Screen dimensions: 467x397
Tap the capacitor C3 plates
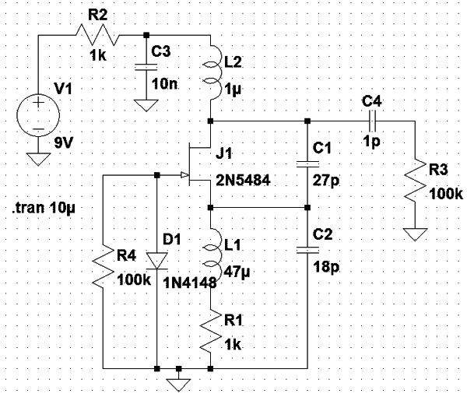[146, 67]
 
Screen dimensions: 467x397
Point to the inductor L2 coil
[215, 72]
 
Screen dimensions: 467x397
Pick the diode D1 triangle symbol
[157, 261]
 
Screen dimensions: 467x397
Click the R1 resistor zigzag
[211, 332]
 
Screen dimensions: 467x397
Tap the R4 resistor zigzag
[103, 266]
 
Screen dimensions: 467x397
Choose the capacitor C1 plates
[307, 164]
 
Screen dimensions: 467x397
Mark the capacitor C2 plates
[307, 250]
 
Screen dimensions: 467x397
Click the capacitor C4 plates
[372, 121]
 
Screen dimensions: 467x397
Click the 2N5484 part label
[243, 180]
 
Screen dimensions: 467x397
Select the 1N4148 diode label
[190, 283]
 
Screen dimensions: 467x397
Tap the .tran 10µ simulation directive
[44, 208]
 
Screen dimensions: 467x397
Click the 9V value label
[64, 143]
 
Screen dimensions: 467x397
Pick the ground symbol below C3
[146, 106]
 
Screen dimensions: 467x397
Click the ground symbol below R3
[415, 234]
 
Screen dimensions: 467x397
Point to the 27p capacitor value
[326, 181]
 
